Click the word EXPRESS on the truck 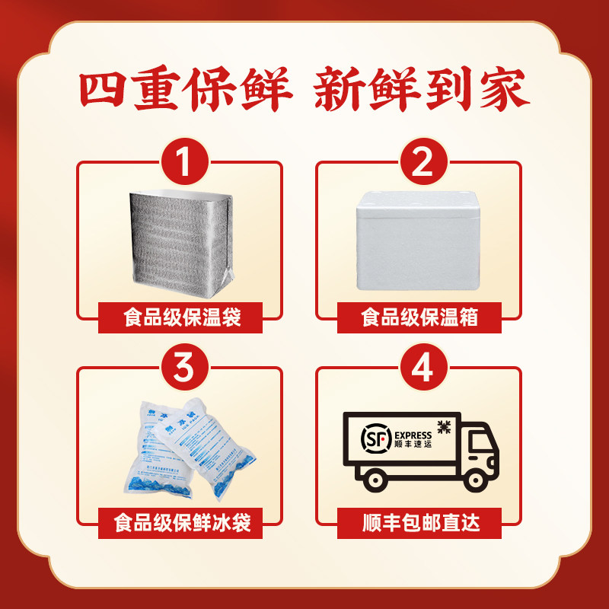pos(412,435)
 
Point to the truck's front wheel pos(477,477)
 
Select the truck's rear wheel pos(374,477)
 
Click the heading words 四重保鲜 pos(187,93)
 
